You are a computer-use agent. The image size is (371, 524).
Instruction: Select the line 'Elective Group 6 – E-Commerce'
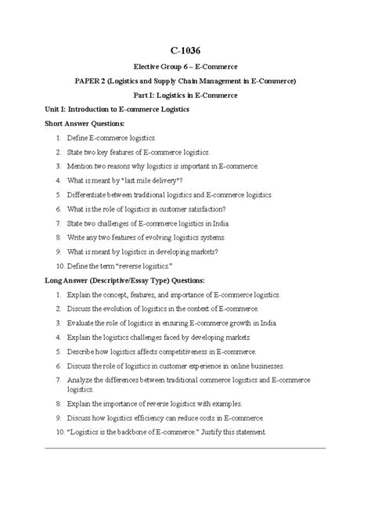pyautogui.click(x=185, y=67)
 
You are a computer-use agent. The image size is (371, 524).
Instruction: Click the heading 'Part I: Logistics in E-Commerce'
pyautogui.click(x=185, y=95)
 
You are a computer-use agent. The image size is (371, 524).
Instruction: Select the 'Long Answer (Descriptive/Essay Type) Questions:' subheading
pyautogui.click(x=124, y=279)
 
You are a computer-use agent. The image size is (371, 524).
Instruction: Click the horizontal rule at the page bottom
pyautogui.click(x=185, y=448)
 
